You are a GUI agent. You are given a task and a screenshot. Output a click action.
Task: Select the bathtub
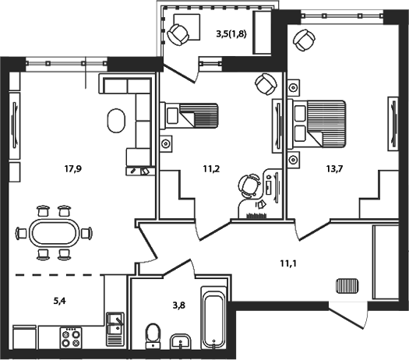(213, 319)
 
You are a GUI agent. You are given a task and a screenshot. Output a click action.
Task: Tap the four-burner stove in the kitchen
(71, 337)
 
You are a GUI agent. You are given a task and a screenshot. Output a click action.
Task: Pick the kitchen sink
(114, 322)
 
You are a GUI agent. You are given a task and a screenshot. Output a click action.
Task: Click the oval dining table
(53, 231)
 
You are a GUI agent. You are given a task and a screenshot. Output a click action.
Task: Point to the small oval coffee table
(116, 120)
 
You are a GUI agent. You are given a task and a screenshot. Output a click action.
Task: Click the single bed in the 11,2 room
(192, 119)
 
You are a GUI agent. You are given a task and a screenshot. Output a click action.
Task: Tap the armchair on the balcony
(179, 34)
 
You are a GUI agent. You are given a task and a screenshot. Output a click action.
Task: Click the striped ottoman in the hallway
(345, 285)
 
